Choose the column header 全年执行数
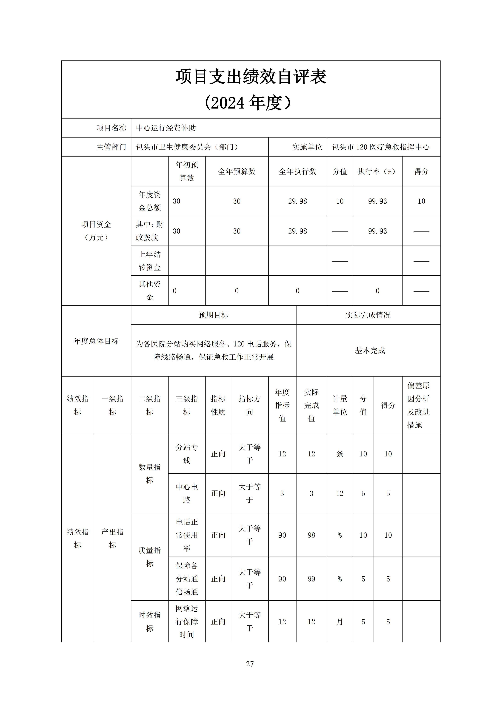click(297, 171)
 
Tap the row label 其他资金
click(150, 290)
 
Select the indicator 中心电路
click(187, 493)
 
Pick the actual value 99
click(311, 579)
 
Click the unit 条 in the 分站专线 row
click(340, 454)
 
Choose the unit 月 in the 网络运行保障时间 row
click(340, 622)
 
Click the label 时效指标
click(150, 622)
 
